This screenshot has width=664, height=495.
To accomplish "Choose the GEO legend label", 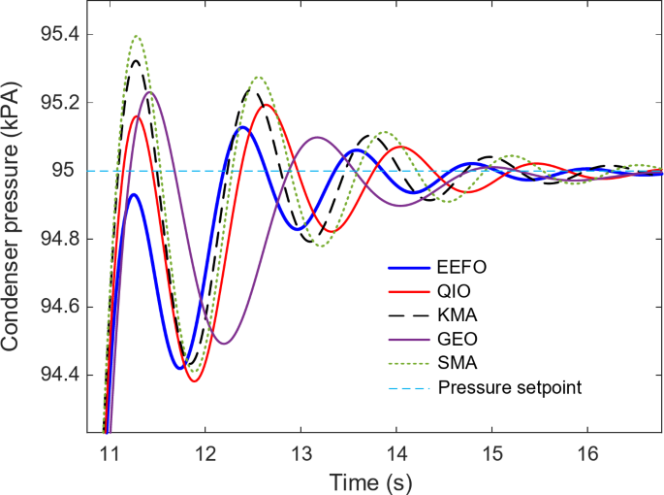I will [456, 339].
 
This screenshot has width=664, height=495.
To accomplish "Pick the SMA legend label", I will [456, 364].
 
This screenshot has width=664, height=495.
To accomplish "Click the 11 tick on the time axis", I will [109, 452].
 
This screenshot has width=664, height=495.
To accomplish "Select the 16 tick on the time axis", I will [588, 452].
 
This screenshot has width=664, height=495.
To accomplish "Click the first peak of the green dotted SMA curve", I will [137, 37].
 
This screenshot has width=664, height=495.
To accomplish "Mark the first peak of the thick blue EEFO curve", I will [135, 195].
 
